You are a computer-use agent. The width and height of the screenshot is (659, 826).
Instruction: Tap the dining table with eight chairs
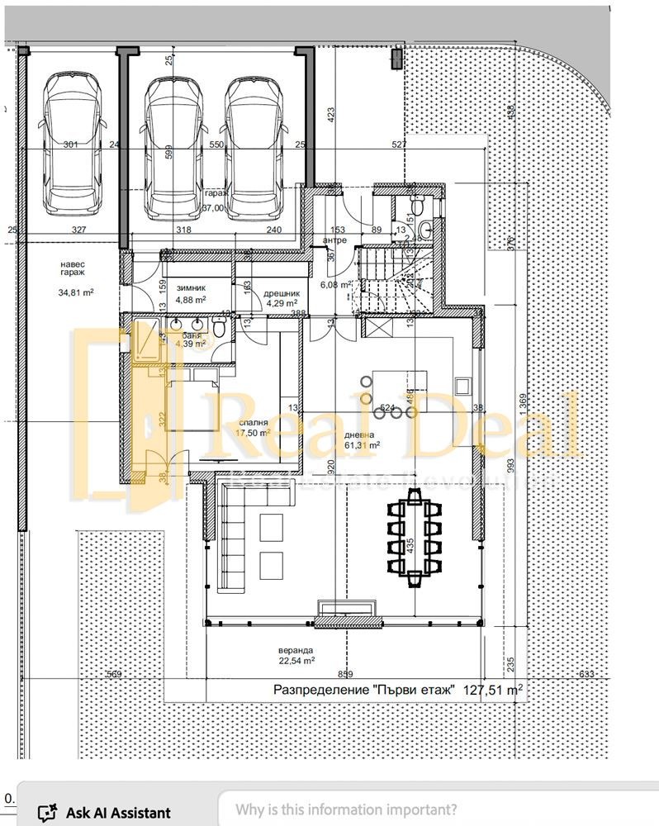(414, 537)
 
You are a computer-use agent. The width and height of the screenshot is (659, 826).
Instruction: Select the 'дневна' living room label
(359, 434)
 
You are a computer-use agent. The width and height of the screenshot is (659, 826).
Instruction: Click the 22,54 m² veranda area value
(296, 661)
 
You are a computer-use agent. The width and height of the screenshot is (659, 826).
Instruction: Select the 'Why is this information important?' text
(345, 810)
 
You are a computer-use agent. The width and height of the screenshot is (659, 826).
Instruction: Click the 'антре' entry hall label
(334, 240)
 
